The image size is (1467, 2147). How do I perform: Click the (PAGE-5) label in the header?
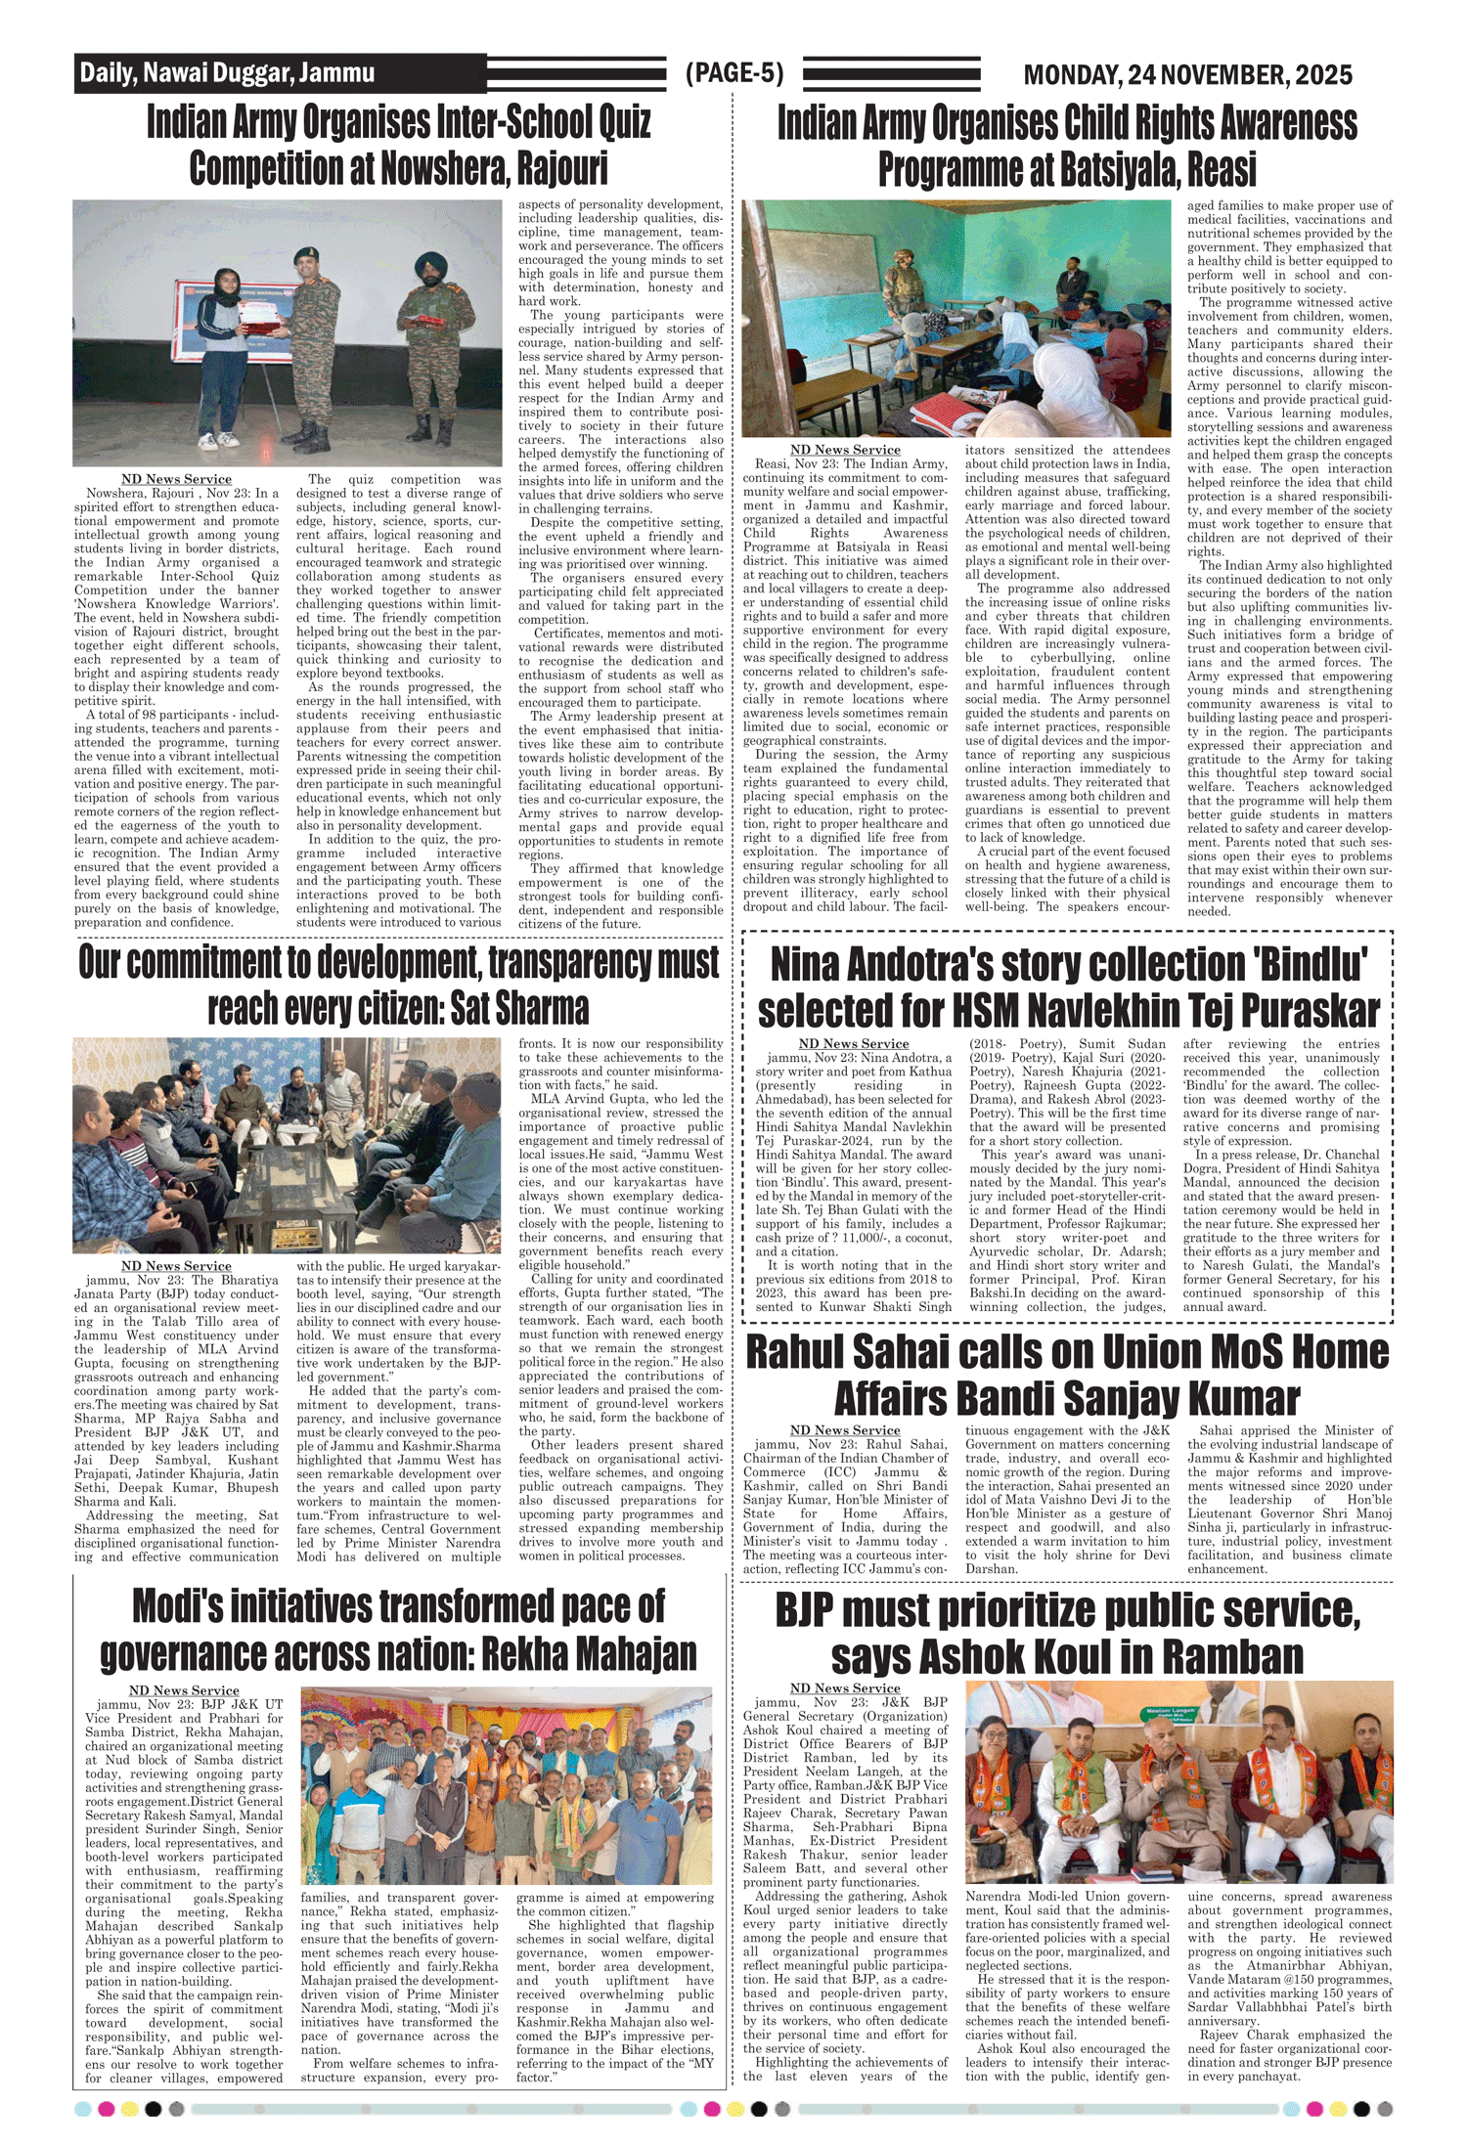coord(734,73)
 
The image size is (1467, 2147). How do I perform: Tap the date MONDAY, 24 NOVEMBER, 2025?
coord(1187,74)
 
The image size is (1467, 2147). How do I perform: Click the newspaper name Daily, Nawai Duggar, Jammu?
coord(227,72)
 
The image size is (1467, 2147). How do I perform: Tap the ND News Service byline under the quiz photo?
coord(176,479)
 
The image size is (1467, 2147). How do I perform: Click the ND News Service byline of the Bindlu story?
coord(853,1044)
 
